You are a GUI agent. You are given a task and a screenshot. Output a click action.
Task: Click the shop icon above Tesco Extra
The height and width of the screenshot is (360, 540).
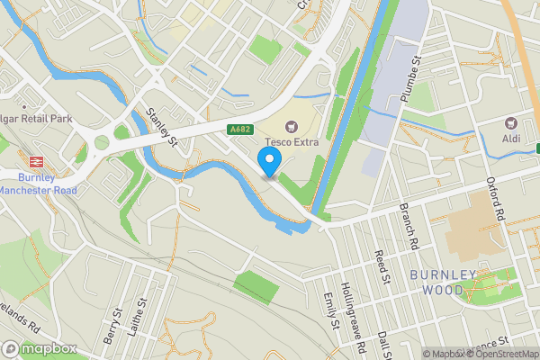pyautogui.click(x=291, y=127)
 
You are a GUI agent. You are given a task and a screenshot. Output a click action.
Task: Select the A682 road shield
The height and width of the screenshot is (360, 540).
pyautogui.click(x=239, y=130)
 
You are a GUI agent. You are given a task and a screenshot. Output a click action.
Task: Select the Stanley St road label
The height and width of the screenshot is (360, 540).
pyautogui.click(x=161, y=127)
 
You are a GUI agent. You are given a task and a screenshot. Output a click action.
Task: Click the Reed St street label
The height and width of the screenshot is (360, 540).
pyautogui.click(x=380, y=268)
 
